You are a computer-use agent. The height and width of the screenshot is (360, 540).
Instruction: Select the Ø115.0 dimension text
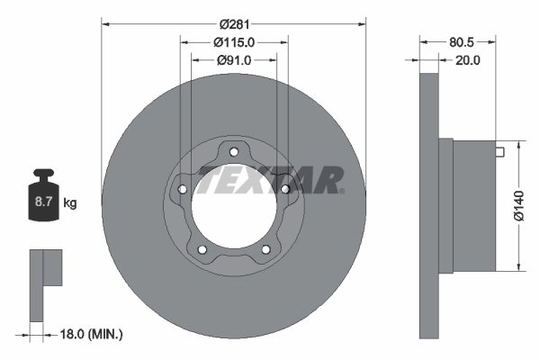pos(234,41)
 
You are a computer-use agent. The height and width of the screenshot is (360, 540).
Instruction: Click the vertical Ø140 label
pos(519,207)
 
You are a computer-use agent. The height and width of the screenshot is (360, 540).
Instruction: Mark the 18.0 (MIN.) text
pos(89,334)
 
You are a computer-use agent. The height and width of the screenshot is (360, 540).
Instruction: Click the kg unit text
pos(69,204)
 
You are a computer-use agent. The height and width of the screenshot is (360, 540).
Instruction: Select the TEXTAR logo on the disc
pos(269,180)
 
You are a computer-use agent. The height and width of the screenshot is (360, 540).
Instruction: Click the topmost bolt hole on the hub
pos(234,150)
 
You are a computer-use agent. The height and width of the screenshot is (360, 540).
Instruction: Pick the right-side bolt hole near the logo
pos(285,189)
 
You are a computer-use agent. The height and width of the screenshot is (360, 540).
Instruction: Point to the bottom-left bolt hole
pos(202,249)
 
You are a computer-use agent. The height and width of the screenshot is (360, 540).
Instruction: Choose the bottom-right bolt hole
pos(265,249)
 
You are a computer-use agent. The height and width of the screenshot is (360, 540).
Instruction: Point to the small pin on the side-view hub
pos(498,151)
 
